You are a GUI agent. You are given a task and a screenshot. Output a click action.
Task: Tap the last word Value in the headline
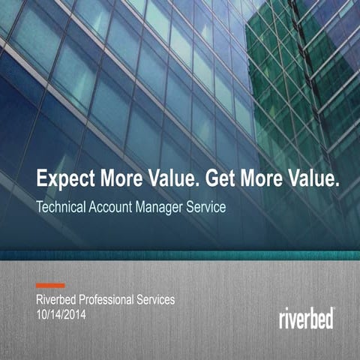pos(308,180)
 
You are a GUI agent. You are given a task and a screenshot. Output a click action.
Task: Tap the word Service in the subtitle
pos(207,207)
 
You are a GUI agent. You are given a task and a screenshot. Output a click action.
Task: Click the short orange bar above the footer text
pos(50,285)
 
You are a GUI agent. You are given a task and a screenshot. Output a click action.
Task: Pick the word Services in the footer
pos(155,300)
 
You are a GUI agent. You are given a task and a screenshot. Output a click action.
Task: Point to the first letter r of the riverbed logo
pos(282,319)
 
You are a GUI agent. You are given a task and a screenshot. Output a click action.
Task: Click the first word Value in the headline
pos(166,180)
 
